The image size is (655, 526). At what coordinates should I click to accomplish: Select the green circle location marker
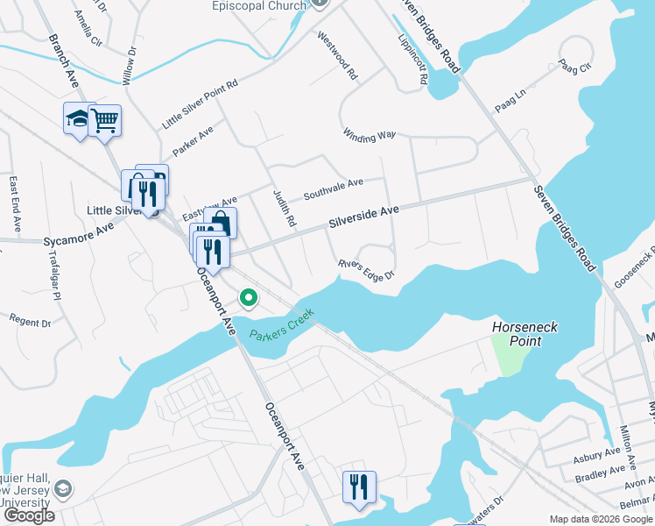pos(249,299)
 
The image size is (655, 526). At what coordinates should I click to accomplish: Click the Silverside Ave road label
pos(364,216)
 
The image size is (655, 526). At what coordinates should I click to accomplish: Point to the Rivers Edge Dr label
pos(367,271)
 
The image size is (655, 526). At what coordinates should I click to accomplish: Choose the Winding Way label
pos(370,136)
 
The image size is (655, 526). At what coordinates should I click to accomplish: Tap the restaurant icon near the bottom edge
pos(359,486)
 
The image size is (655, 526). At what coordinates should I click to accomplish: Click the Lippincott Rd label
pos(412,60)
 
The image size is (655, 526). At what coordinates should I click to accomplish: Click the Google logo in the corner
pos(29,515)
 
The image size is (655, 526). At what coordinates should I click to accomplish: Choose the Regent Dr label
pos(29,321)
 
